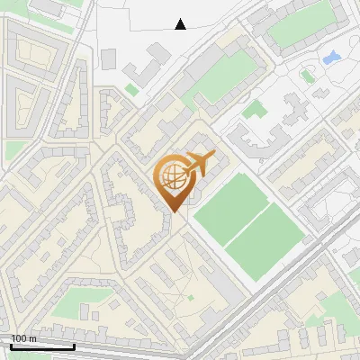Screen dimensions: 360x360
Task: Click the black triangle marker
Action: (181, 24)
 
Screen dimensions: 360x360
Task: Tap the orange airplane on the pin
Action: (198, 163)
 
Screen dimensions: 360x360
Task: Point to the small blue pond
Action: (330, 58)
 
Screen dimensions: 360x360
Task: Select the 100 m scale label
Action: (22, 338)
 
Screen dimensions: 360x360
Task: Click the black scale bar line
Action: (42, 346)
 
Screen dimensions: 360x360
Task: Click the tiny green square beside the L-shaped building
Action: (131, 90)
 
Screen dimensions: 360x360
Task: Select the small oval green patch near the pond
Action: (307, 76)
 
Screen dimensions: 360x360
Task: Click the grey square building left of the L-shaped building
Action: (108, 58)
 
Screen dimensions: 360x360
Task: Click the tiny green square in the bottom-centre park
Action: (190, 297)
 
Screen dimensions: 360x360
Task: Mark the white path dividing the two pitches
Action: (247, 221)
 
